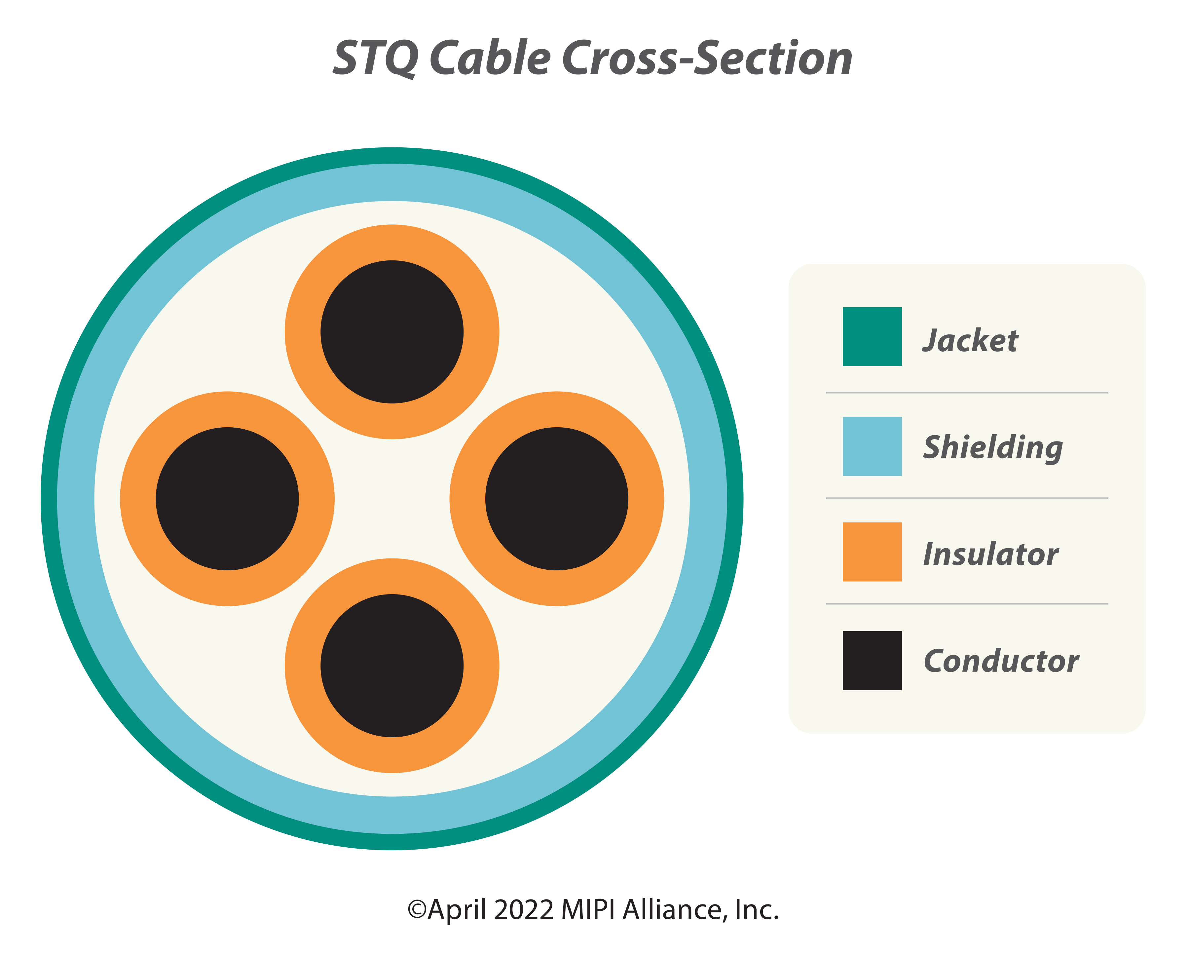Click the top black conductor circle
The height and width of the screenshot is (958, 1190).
pos(392,332)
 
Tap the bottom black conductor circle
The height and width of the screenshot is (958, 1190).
pos(392,665)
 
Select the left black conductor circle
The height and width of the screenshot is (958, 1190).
pos(227,499)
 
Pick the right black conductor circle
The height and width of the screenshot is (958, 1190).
pos(557,499)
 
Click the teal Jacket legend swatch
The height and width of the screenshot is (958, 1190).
pos(872,336)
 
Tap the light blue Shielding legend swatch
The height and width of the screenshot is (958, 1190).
pos(872,446)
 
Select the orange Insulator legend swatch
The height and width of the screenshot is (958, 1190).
pos(872,552)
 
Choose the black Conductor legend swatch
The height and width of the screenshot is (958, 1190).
pos(872,660)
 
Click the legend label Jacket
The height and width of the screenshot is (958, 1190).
pos(970,340)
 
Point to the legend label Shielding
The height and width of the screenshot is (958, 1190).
pos(993,448)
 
